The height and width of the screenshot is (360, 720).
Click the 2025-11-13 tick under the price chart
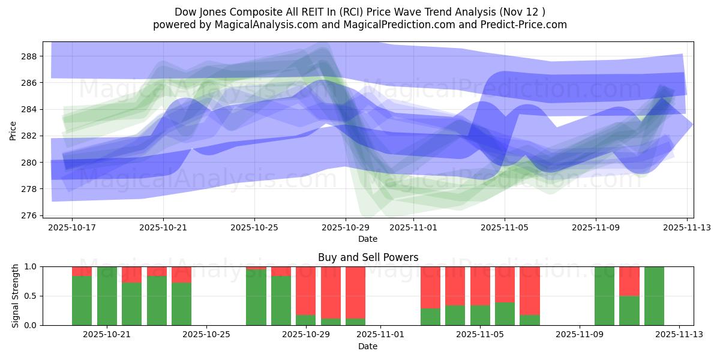[686, 227]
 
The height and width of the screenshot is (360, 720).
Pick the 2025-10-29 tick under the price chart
[346, 227]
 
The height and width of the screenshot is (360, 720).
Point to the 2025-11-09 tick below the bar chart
[580, 335]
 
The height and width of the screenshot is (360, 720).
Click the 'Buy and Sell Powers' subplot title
[368, 257]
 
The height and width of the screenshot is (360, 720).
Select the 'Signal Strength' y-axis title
[16, 296]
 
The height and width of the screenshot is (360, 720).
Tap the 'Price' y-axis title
[13, 130]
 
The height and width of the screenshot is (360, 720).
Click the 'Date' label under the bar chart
[368, 346]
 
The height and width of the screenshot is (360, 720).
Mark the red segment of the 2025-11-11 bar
[629, 281]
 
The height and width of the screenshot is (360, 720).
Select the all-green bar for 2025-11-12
[654, 296]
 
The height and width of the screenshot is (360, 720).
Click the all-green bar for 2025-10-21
[107, 296]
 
